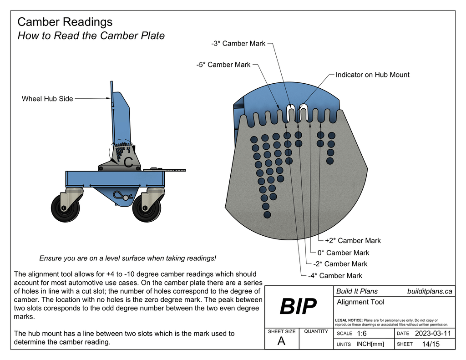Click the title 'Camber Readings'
(x=65, y=22)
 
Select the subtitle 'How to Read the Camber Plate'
(x=91, y=36)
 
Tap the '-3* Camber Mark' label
(x=238, y=44)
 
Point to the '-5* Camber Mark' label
(x=223, y=65)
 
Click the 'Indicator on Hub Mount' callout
(x=372, y=75)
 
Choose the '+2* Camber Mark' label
(x=353, y=241)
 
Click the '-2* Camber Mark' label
(x=340, y=264)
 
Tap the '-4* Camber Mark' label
(x=335, y=275)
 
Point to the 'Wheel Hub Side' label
(x=47, y=98)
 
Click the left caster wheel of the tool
(x=65, y=208)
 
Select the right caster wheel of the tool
(x=147, y=208)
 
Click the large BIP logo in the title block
(x=298, y=307)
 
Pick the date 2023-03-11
(x=433, y=334)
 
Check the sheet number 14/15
(x=431, y=344)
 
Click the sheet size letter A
(x=281, y=341)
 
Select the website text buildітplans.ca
(x=430, y=291)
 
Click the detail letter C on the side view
(x=129, y=161)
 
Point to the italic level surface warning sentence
(x=127, y=258)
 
